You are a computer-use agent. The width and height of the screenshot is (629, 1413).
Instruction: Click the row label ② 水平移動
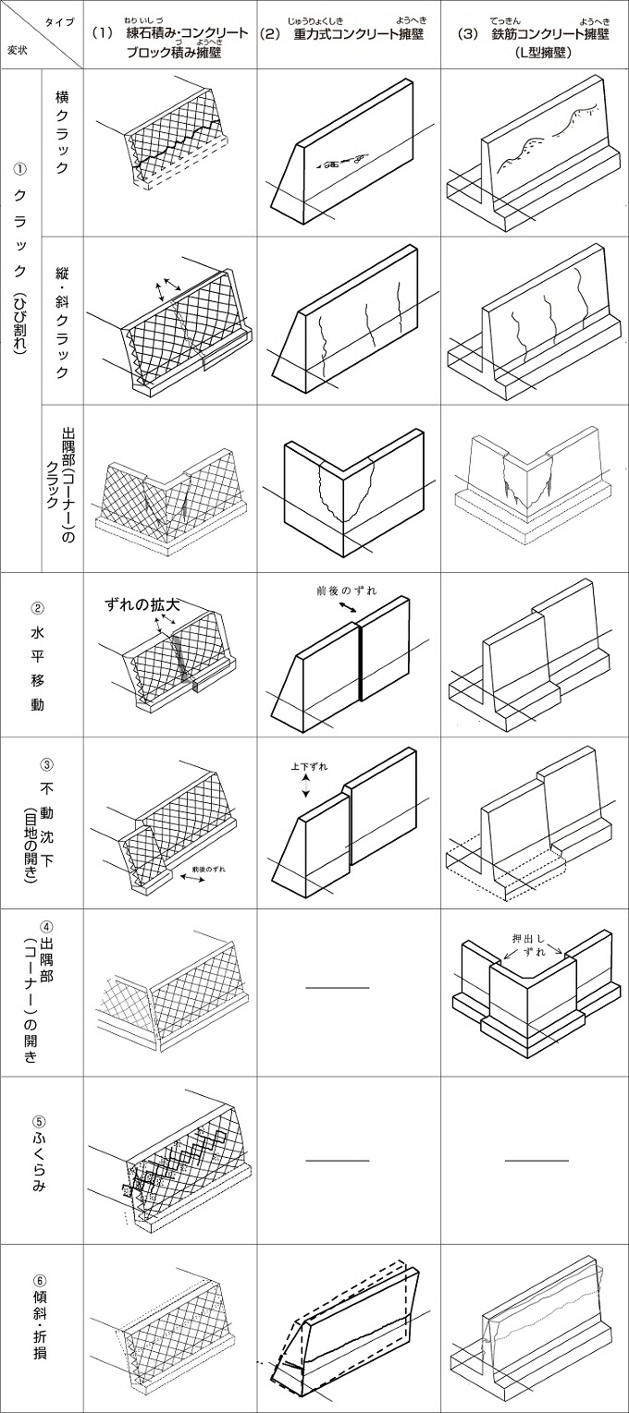[38, 657]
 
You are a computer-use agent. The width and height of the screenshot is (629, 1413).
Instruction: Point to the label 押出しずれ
[531, 944]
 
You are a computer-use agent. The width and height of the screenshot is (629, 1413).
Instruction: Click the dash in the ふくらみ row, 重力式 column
[338, 1159]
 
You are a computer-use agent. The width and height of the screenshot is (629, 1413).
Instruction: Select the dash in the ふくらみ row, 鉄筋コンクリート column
[536, 1159]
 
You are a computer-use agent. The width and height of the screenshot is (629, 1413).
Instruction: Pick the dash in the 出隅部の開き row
[338, 988]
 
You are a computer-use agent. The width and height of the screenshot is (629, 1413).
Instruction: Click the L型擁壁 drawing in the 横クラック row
[532, 157]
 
